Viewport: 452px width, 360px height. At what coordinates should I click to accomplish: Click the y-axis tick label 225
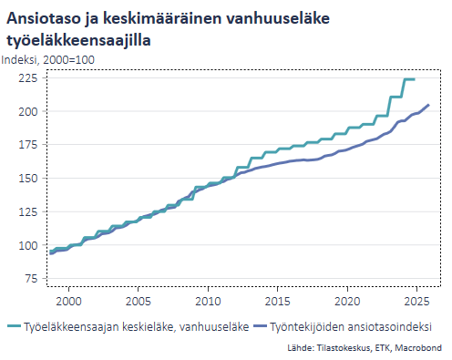[28, 78]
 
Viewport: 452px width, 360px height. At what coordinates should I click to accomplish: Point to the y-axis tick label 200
[28, 111]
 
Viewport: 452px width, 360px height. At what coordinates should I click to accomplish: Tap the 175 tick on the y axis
[28, 145]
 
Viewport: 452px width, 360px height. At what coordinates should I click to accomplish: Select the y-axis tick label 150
[28, 179]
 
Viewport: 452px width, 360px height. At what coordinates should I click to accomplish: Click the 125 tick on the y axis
[28, 212]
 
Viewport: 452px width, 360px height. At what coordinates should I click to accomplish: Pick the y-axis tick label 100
[28, 246]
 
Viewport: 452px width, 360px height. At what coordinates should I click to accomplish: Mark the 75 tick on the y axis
[31, 279]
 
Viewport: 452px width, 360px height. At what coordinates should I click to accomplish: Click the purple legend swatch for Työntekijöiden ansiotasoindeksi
[260, 325]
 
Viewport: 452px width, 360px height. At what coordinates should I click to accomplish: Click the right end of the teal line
[415, 79]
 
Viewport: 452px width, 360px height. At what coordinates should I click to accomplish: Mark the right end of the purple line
[428, 106]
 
